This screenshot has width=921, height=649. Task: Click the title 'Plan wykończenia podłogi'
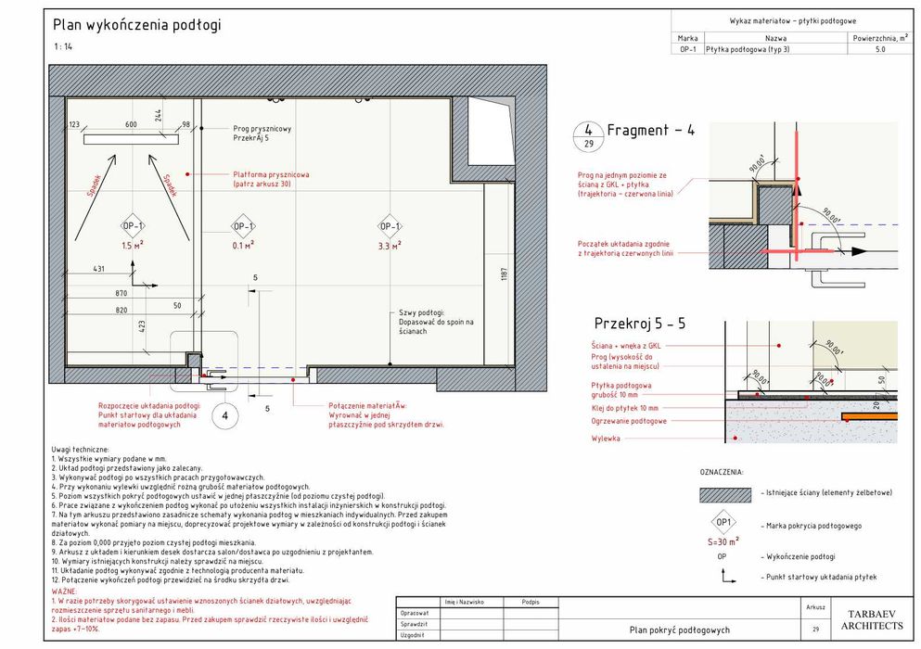pyautogui.click(x=136, y=26)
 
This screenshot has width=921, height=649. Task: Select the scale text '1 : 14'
pyautogui.click(x=63, y=46)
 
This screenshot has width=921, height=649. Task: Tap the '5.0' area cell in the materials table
pyautogui.click(x=879, y=50)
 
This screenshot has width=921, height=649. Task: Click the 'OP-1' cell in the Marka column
pyautogui.click(x=687, y=50)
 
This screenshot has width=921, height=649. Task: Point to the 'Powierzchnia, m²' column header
pyautogui.click(x=879, y=38)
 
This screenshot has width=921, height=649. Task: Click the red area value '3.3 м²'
pyautogui.click(x=390, y=247)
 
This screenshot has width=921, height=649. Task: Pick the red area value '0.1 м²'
pyautogui.click(x=243, y=247)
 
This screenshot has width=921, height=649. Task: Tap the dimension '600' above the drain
pyautogui.click(x=131, y=124)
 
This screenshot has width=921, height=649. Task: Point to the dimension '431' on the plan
pyautogui.click(x=98, y=269)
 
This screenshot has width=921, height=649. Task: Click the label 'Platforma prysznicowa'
pyautogui.click(x=271, y=174)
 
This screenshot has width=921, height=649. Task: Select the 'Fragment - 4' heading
pyautogui.click(x=650, y=131)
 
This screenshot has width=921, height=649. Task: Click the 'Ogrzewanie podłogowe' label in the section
pyautogui.click(x=629, y=421)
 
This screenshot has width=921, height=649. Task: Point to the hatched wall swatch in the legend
pyautogui.click(x=724, y=494)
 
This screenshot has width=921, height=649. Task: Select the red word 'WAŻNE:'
pyautogui.click(x=65, y=590)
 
